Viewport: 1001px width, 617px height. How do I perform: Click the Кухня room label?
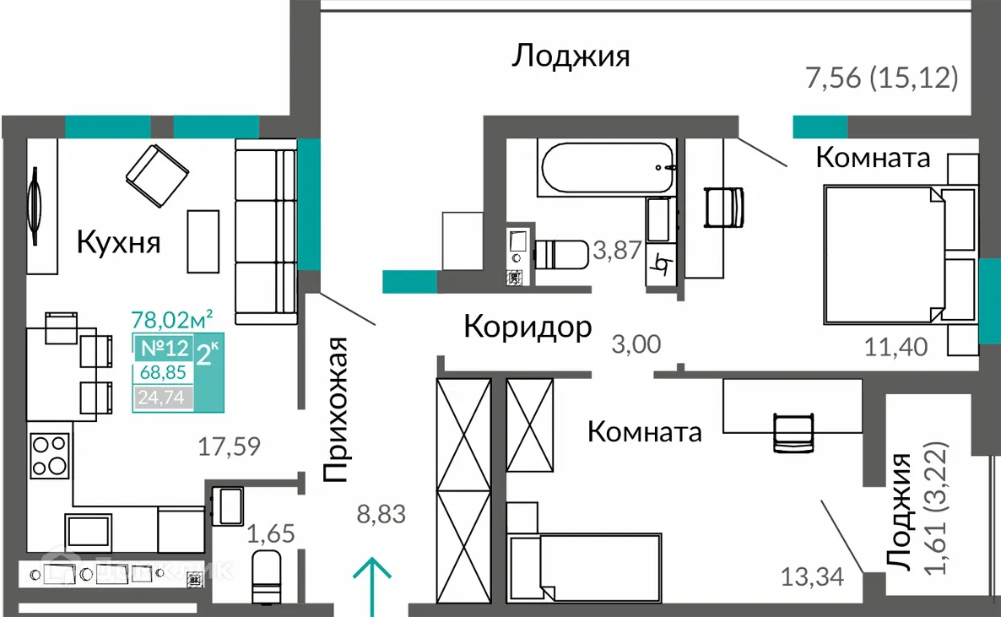pyautogui.click(x=118, y=243)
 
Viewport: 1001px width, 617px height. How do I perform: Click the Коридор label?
pyautogui.click(x=528, y=327)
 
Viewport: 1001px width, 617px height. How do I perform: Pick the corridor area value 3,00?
pyautogui.click(x=636, y=344)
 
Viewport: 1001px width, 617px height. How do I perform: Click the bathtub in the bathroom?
pyautogui.click(x=608, y=168)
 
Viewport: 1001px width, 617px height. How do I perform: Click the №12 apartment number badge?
pyautogui.click(x=163, y=349)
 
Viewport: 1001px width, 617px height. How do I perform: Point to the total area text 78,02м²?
pyautogui.click(x=171, y=319)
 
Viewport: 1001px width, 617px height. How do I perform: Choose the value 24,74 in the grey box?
pyautogui.click(x=163, y=398)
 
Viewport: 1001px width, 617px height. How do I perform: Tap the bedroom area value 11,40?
pyautogui.click(x=896, y=345)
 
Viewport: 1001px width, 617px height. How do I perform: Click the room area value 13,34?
pyautogui.click(x=811, y=578)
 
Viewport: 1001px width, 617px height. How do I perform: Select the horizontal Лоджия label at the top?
pyautogui.click(x=571, y=57)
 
